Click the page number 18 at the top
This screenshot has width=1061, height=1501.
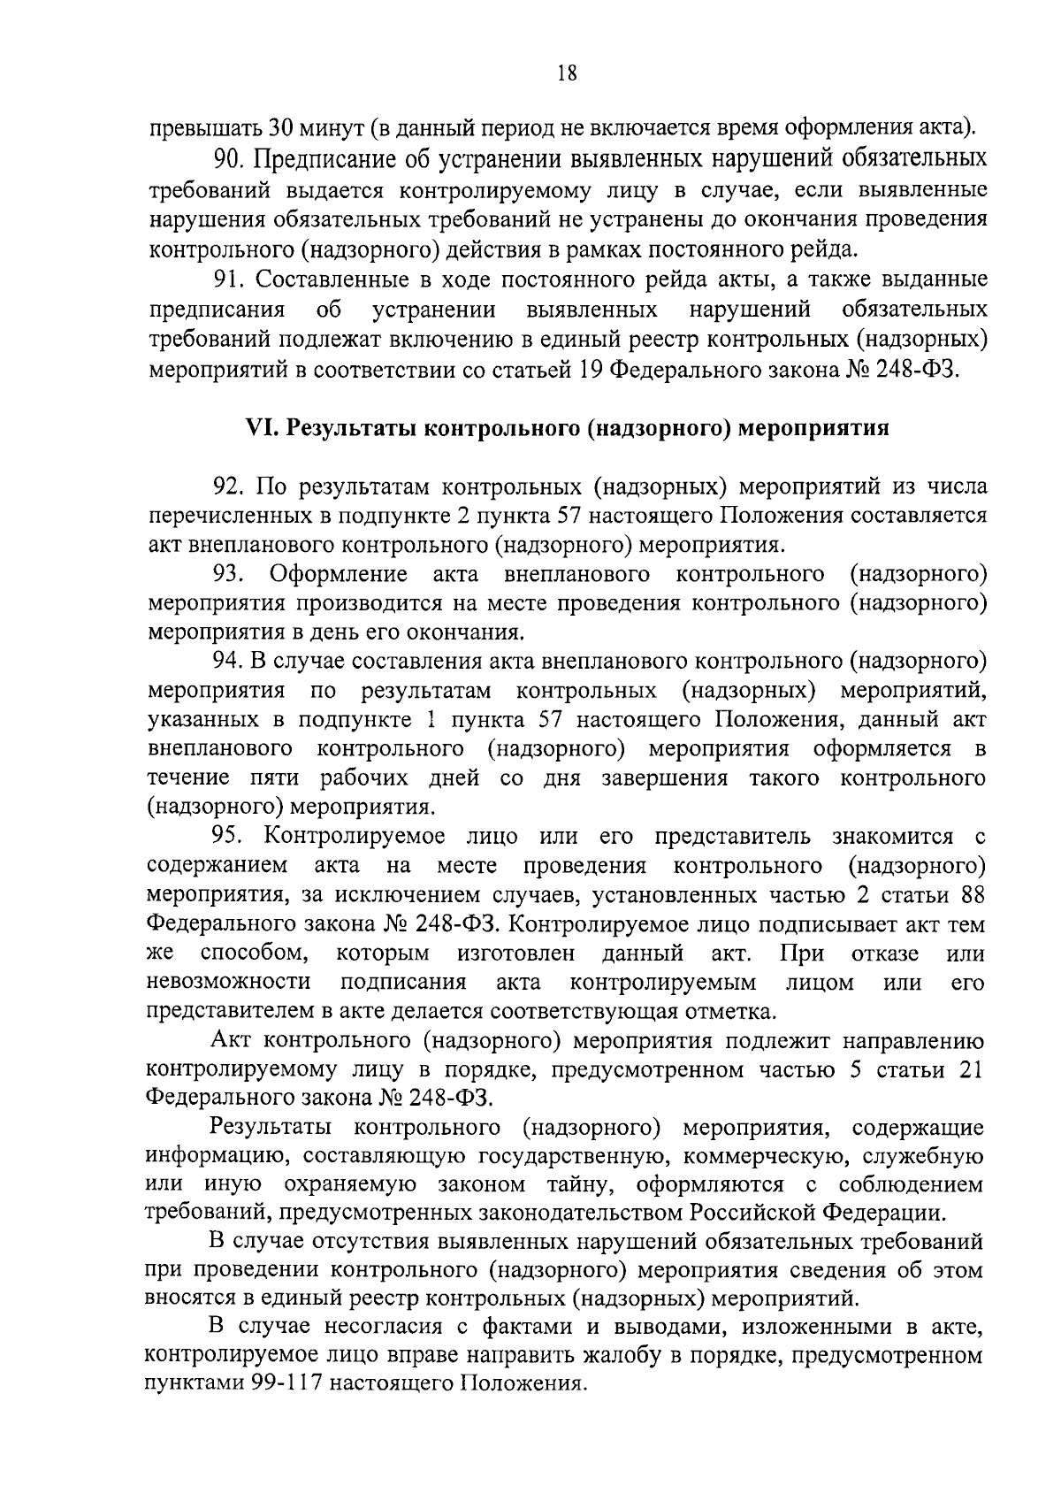coord(568,74)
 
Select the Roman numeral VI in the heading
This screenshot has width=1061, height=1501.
coord(258,429)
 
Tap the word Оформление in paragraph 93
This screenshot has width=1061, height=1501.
coord(339,574)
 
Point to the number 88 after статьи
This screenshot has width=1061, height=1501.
coord(973,894)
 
